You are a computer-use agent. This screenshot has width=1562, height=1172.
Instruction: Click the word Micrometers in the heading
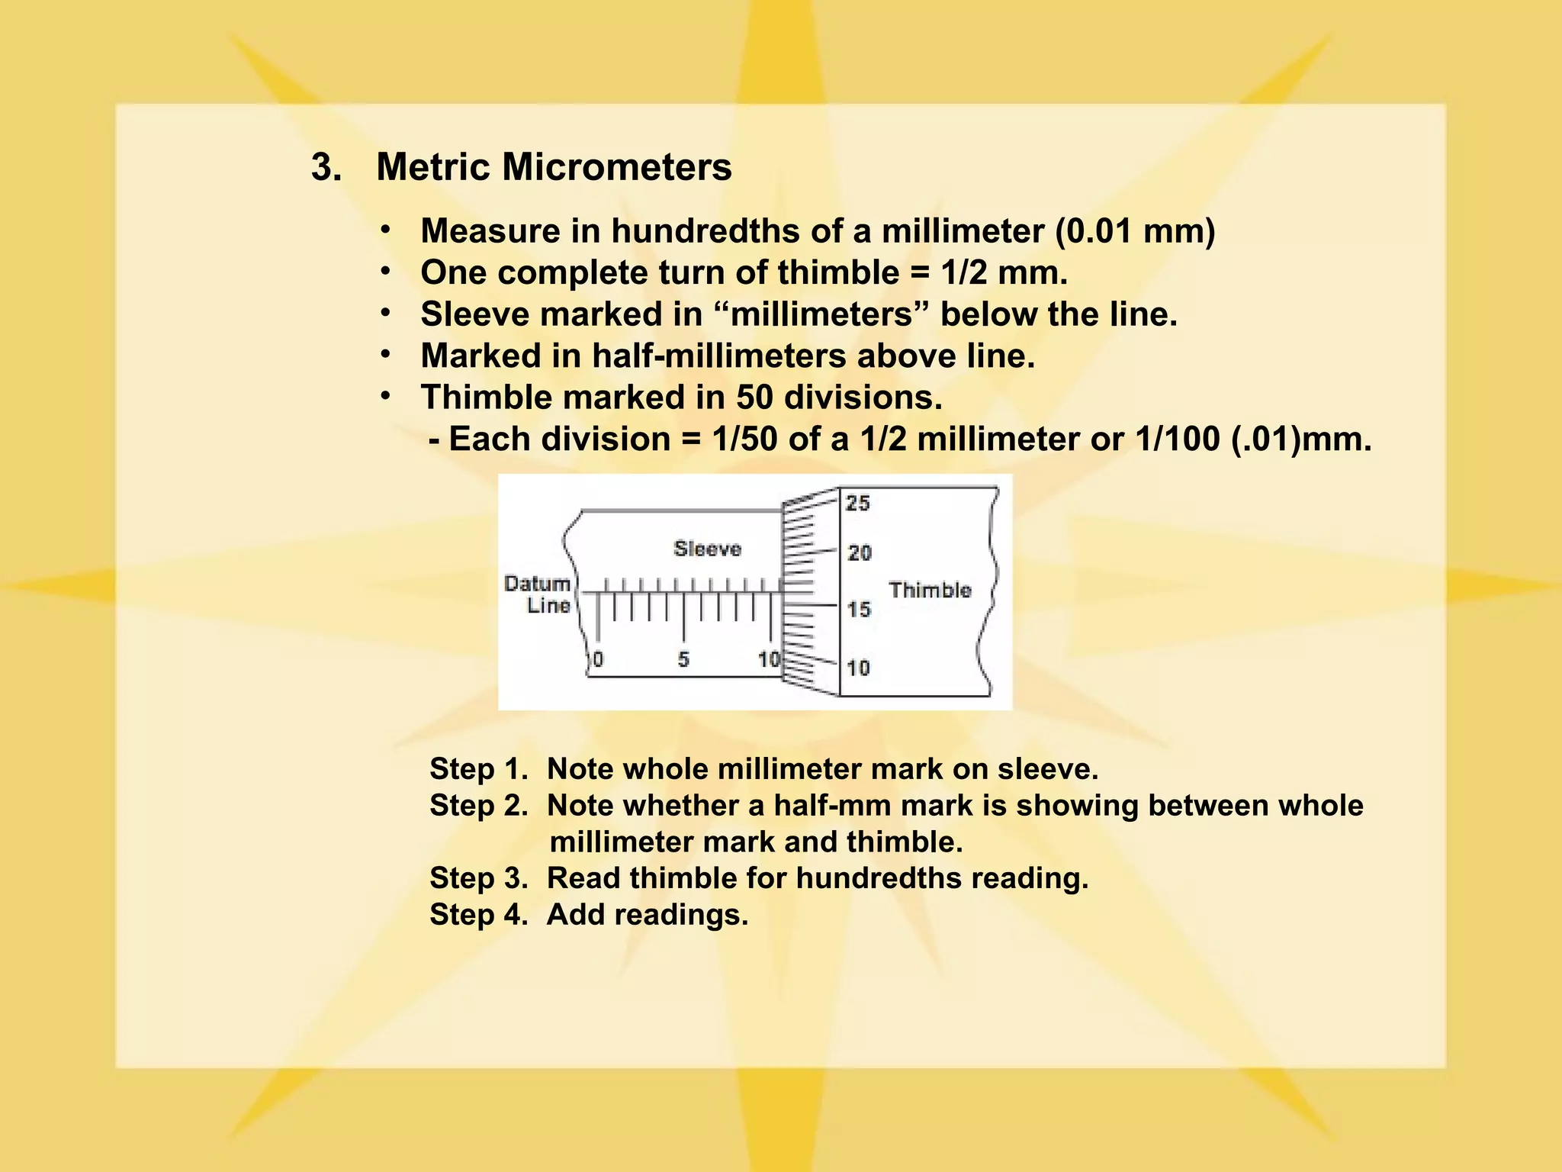click(616, 166)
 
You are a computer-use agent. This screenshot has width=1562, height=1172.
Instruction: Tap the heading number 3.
click(326, 166)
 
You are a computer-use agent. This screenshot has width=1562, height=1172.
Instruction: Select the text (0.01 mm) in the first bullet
click(1135, 230)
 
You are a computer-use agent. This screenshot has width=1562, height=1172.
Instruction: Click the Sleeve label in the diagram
click(707, 549)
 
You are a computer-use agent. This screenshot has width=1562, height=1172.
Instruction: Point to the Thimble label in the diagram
click(930, 590)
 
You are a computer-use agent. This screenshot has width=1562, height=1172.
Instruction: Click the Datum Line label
click(538, 594)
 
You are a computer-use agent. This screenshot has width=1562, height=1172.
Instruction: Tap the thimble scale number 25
click(858, 503)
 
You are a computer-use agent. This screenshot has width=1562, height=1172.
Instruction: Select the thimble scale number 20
click(859, 552)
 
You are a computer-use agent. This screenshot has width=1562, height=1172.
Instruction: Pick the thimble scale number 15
click(859, 609)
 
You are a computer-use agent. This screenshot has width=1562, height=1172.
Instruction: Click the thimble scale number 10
click(858, 668)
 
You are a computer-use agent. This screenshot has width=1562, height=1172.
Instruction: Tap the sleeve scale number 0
click(598, 659)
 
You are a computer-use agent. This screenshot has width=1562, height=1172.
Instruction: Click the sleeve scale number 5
click(683, 659)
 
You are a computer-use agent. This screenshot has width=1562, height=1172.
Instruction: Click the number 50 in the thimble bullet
click(754, 397)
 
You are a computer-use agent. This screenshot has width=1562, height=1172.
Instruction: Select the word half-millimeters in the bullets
click(720, 356)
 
